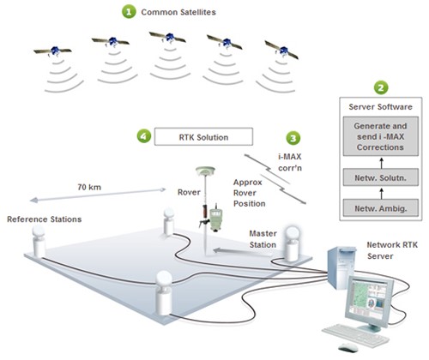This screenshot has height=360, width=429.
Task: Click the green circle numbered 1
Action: pos(129,12)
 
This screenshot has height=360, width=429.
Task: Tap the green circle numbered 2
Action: pos(381,87)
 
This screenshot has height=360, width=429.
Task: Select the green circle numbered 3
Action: pos(293,138)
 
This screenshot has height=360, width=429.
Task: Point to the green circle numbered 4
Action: pos(144,135)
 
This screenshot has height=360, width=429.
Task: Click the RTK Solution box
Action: pos(203,136)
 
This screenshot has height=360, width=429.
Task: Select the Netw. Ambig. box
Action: pos(381,208)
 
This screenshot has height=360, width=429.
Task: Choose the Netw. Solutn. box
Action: pos(381,177)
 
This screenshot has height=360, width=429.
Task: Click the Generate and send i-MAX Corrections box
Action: pos(381,136)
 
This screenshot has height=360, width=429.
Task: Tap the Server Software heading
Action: pos(380,107)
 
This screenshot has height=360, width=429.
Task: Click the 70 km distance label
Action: pos(89,187)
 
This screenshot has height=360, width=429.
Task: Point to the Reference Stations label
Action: pos(45,219)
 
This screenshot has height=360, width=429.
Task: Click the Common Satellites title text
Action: pos(178,12)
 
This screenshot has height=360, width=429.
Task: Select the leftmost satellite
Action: pos(54,51)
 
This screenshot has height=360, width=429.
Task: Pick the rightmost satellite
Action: pos(282,50)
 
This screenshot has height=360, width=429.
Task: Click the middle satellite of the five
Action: pos(168,38)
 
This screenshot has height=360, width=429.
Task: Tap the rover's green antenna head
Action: pos(205,171)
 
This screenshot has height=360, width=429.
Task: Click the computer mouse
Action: pos(347,347)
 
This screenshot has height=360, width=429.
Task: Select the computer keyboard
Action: pos(355,334)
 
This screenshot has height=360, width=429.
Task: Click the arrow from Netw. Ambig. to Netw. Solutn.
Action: pos(381,193)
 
